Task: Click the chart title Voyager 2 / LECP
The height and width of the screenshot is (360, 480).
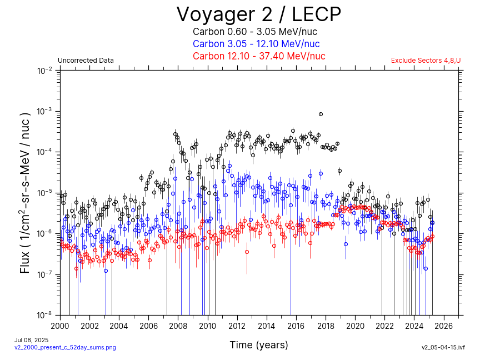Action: pyautogui.click(x=259, y=14)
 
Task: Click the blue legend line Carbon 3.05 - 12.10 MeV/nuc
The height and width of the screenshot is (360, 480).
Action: pyautogui.click(x=256, y=44)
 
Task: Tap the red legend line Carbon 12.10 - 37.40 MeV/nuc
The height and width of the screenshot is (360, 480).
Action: pyautogui.click(x=259, y=56)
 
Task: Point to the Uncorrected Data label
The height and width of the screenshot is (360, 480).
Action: pyautogui.click(x=86, y=61)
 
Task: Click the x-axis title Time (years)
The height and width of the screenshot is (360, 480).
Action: pyautogui.click(x=259, y=345)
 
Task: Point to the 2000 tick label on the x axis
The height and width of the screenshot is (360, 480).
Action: pyautogui.click(x=60, y=326)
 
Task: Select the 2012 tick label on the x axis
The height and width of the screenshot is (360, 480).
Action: pyautogui.click(x=237, y=326)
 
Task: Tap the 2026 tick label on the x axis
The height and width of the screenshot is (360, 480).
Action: pyautogui.click(x=444, y=326)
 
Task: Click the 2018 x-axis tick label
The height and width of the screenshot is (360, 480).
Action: pyautogui.click(x=326, y=326)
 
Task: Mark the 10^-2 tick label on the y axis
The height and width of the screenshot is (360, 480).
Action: pyautogui.click(x=45, y=71)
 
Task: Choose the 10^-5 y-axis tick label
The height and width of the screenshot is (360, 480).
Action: pyautogui.click(x=45, y=193)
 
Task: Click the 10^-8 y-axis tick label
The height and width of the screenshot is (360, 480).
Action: pyautogui.click(x=45, y=315)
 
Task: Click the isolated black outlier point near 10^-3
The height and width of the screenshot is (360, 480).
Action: pyautogui.click(x=321, y=114)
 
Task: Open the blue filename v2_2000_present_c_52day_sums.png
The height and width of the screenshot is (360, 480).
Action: pyautogui.click(x=65, y=347)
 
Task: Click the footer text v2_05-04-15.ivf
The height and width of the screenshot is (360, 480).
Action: pyautogui.click(x=443, y=347)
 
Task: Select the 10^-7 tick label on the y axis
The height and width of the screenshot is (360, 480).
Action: pyautogui.click(x=45, y=274)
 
